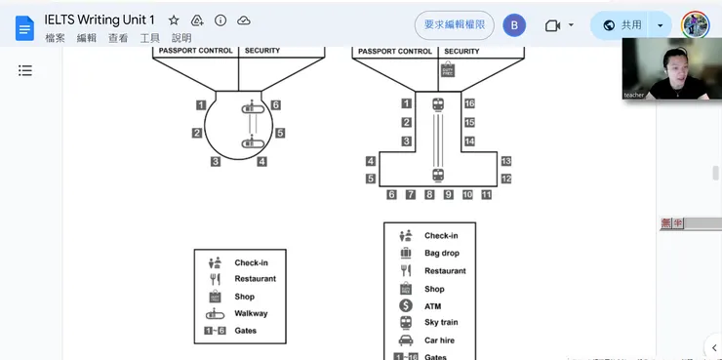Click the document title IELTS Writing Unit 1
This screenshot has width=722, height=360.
(100, 20)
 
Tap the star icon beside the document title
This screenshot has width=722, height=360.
(174, 20)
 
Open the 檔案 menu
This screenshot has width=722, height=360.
(56, 38)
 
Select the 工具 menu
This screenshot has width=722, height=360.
(149, 38)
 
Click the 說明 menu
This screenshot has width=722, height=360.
(181, 38)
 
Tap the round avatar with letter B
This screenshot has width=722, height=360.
(514, 25)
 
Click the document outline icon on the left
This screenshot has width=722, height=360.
(25, 70)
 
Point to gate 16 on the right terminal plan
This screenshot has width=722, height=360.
(469, 103)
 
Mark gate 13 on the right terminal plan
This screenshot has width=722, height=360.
(505, 161)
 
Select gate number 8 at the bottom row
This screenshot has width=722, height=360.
(429, 195)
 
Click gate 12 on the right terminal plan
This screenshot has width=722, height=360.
(505, 180)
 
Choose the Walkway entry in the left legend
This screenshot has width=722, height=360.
(251, 313)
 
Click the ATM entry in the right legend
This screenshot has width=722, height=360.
(432, 306)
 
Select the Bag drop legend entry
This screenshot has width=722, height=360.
(441, 254)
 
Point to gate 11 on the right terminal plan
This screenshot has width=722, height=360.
(486, 195)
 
